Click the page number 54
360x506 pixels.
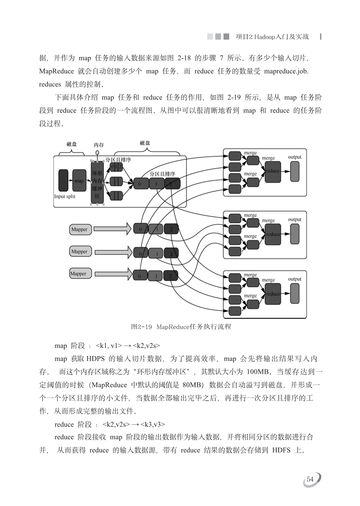click(310, 479)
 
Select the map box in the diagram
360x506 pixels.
click(79, 181)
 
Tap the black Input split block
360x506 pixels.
click(63, 181)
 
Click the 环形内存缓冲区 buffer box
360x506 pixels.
click(97, 182)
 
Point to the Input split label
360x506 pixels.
click(65, 197)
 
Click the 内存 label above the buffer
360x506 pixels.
click(99, 145)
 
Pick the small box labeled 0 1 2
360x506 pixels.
click(116, 167)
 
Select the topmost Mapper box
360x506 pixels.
click(80, 230)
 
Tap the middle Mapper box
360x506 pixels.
click(80, 251)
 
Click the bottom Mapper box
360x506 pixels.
click(80, 273)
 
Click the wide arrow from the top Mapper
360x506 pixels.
click(112, 229)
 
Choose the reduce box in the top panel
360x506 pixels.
click(273, 172)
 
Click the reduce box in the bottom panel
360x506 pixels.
click(273, 294)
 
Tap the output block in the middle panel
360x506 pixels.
click(295, 234)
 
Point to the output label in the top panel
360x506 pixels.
click(295, 157)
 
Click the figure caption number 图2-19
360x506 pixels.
click(141, 327)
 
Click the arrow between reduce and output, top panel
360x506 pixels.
click(285, 171)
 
